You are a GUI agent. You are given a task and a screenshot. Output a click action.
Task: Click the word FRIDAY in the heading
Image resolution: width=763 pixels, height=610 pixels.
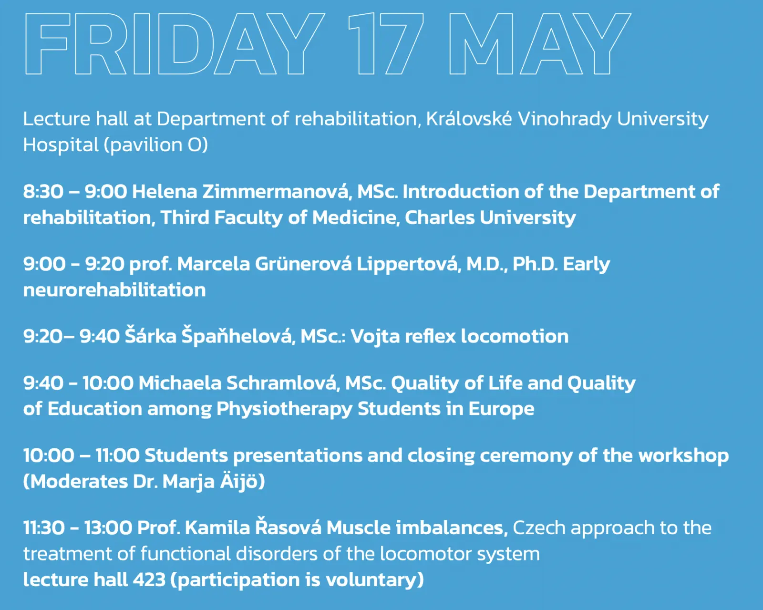(x=174, y=43)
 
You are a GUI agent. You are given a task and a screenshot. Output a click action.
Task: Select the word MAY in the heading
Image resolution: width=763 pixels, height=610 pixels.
(x=540, y=43)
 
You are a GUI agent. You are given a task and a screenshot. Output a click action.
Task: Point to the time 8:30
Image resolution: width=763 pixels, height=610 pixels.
(x=43, y=192)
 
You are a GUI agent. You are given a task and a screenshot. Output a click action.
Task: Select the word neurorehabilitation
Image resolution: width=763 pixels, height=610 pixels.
(x=114, y=290)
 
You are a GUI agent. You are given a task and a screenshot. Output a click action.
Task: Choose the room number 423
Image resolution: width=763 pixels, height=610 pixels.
(x=149, y=580)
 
